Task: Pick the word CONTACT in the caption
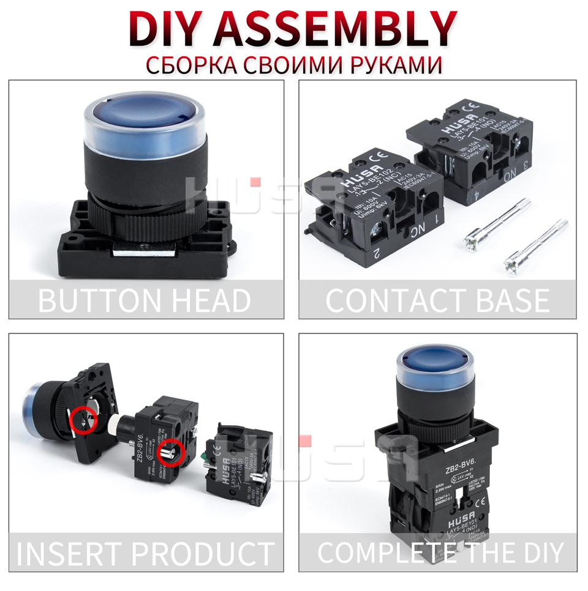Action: (393, 300)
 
